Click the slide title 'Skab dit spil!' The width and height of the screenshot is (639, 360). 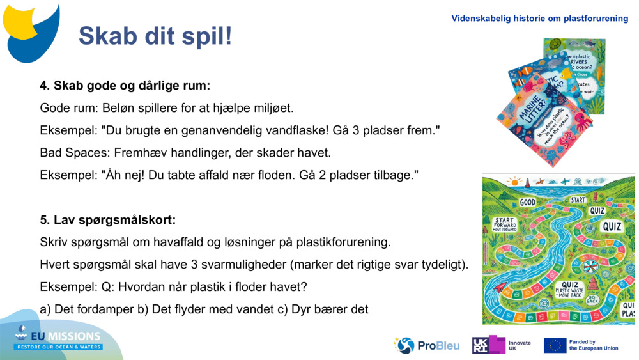(x=155, y=36)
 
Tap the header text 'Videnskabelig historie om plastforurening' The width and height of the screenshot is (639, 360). (x=539, y=19)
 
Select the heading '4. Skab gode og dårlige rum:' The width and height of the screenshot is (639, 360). (x=125, y=85)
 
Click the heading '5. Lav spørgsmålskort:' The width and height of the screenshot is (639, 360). (x=107, y=220)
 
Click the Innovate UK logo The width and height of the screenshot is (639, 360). (x=502, y=345)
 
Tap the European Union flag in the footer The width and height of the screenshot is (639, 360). (x=555, y=345)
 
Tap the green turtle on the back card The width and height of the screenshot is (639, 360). (x=555, y=44)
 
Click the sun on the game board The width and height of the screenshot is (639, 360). (x=512, y=182)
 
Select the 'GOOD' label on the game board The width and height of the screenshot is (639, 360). (x=527, y=202)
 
